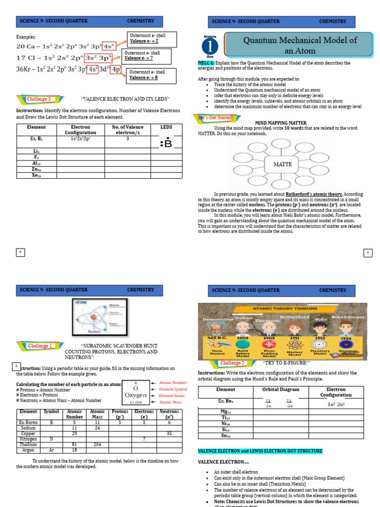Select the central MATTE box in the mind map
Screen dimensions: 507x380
283,164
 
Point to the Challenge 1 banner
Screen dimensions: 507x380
39,346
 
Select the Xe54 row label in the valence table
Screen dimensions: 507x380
36,175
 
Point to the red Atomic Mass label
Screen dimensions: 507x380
170,402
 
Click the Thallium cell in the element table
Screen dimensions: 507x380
28,445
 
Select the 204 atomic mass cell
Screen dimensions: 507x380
97,445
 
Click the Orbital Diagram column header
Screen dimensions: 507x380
281,390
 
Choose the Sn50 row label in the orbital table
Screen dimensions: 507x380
226,436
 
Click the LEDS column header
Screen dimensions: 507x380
166,127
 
